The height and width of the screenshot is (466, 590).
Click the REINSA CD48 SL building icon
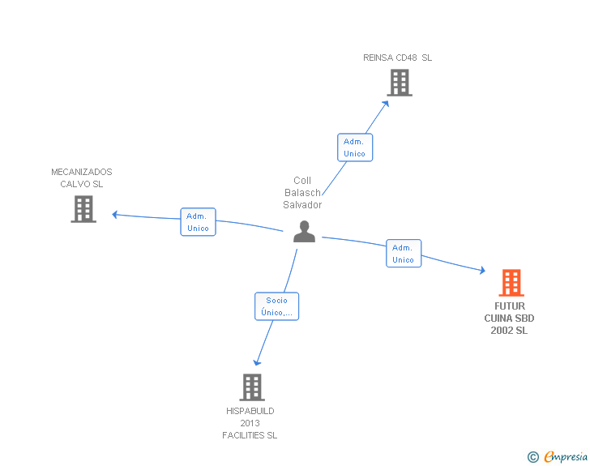pos(399,83)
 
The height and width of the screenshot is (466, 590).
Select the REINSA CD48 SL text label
pos(397,58)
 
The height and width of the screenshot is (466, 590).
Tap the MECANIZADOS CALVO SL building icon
pos(83,209)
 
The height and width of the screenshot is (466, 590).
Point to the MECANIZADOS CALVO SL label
pos(82,177)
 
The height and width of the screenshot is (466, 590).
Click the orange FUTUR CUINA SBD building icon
pos(511,283)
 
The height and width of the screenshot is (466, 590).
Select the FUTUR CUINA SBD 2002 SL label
pos(509,319)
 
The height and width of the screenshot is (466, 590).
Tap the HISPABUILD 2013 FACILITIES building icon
pos(252,387)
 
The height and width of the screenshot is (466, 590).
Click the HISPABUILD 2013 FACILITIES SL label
pos(250,423)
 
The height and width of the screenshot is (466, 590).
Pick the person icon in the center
pos(304,232)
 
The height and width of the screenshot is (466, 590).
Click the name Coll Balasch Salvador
pos(302,193)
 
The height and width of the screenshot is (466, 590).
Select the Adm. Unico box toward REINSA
pos(354,147)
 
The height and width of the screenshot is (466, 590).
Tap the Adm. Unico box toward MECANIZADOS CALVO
pos(198,222)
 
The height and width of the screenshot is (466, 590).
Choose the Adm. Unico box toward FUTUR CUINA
pos(403,254)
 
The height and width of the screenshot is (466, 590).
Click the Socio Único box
pos(276,306)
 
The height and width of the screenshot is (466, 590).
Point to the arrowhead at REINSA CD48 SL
pos(386,103)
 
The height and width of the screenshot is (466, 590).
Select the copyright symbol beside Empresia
pos(533,457)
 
